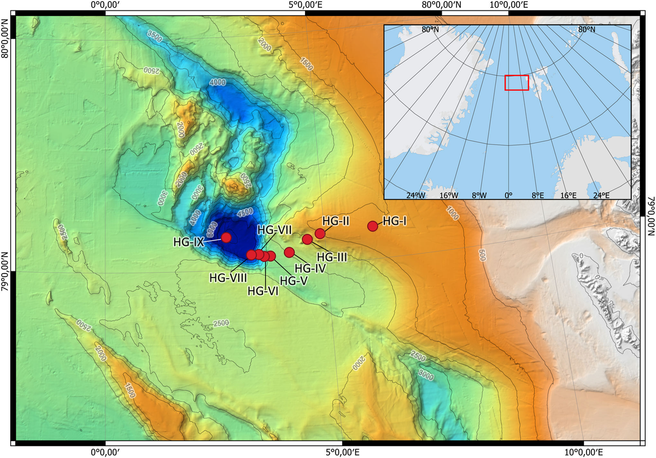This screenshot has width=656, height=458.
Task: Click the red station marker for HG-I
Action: click(373, 226)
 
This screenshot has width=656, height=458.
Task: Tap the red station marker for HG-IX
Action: click(226, 237)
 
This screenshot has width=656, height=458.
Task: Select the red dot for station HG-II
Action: click(320, 234)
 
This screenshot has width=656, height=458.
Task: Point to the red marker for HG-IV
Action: click(289, 252)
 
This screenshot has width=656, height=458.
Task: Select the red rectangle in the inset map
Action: click(517, 82)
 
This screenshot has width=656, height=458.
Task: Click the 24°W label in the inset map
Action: click(415, 195)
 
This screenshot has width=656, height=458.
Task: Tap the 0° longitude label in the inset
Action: click(508, 195)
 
